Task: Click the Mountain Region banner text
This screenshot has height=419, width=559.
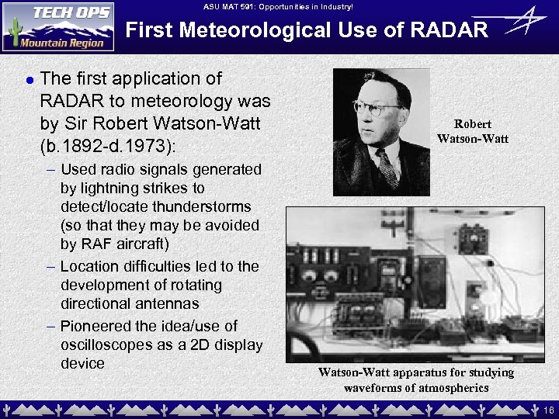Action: click(65, 43)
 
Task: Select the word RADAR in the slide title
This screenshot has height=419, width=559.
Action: click(450, 30)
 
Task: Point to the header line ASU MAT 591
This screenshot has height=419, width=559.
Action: click(278, 7)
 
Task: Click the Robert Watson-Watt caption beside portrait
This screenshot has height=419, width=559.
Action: click(472, 131)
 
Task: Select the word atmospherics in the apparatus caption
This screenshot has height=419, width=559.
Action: click(450, 387)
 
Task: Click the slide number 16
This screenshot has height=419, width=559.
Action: click(549, 409)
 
